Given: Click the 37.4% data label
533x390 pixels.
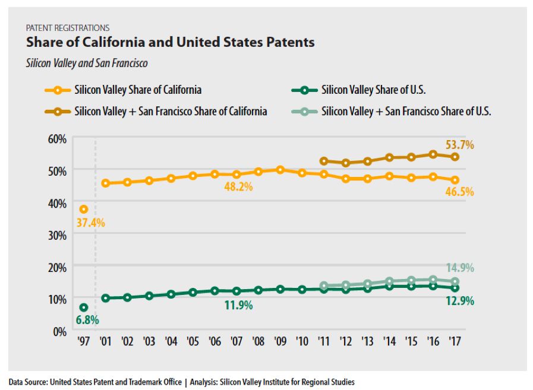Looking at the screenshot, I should [x=90, y=223].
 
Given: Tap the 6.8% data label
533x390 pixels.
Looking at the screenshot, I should [x=87, y=320].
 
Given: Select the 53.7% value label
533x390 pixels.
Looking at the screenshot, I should [x=461, y=145].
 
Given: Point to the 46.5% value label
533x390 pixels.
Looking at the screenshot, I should [x=461, y=191].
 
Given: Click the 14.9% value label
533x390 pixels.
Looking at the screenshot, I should [x=461, y=268].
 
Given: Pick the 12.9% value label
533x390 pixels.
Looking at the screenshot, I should [x=461, y=301].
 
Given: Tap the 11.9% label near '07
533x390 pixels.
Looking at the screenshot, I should [x=239, y=305].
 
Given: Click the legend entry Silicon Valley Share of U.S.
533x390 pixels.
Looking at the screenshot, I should [x=373, y=90].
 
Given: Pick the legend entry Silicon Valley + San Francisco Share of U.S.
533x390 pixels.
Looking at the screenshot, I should [x=406, y=111].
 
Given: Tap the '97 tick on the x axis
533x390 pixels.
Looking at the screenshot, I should [x=84, y=343].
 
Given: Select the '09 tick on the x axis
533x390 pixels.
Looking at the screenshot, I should [x=280, y=343].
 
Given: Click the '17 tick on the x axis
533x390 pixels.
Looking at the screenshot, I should [x=455, y=343].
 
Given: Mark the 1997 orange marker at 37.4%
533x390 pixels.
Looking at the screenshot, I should [x=84, y=209].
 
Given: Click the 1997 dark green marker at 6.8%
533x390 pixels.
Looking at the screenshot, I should [x=84, y=307].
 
